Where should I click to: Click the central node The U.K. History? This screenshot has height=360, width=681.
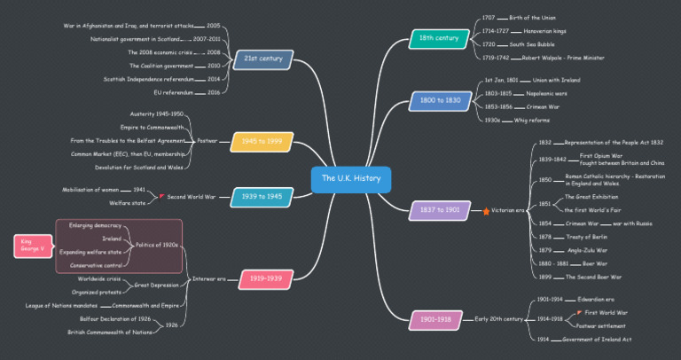(350, 179)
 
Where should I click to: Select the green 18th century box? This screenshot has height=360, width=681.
(439, 38)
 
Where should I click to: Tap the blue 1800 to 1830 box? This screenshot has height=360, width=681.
(441, 101)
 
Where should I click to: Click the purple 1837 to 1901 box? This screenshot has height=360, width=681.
(441, 210)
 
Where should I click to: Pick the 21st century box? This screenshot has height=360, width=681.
(262, 59)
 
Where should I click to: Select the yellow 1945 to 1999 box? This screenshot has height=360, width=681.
(262, 140)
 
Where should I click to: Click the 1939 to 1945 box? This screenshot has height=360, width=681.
(262, 196)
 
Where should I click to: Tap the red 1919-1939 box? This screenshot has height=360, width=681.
(266, 278)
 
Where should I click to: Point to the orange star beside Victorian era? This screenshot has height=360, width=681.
(485, 211)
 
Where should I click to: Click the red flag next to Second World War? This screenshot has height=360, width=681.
(160, 197)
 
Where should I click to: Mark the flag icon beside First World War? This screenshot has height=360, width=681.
(578, 313)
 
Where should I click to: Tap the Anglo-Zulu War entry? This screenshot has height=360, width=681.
(586, 250)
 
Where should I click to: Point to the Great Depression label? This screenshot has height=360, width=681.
(157, 285)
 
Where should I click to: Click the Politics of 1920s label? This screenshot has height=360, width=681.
(157, 245)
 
